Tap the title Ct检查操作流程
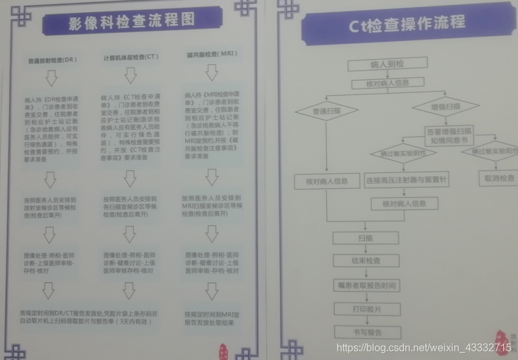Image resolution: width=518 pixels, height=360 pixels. click(x=407, y=24)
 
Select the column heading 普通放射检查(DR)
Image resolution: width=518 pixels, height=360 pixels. click(x=52, y=60)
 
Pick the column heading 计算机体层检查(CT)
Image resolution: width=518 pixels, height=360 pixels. click(x=131, y=57)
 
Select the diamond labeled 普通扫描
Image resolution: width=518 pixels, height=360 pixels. click(x=326, y=111)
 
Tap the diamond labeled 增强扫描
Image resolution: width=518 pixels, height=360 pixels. click(x=445, y=106)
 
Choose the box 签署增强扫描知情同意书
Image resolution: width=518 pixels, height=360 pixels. click(x=449, y=135)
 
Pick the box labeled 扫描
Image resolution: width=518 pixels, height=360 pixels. click(x=364, y=237)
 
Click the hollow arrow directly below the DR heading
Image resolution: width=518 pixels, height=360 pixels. click(x=51, y=78)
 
